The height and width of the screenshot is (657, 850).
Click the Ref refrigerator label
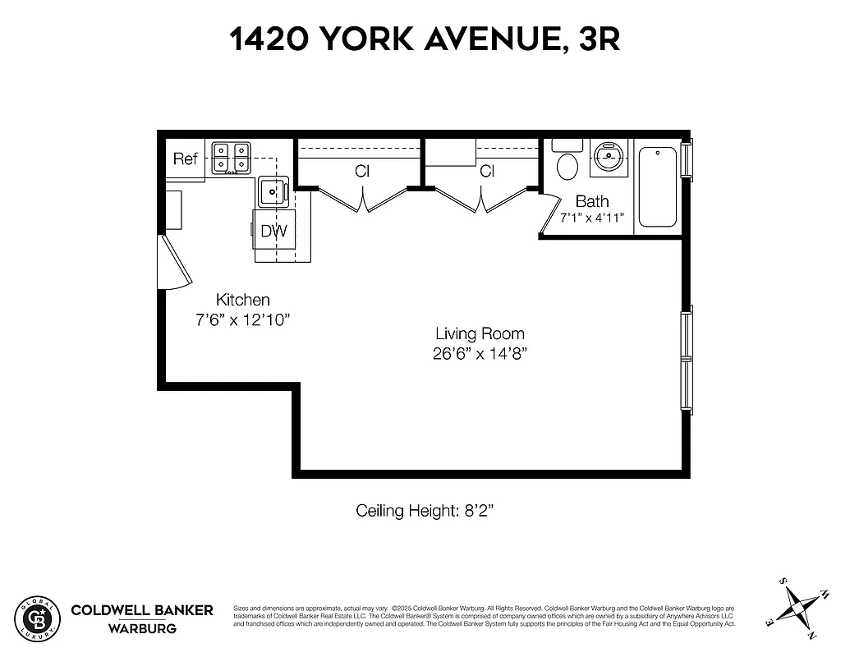185,159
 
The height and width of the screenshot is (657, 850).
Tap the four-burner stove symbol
231,159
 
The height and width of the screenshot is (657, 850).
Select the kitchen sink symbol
272,191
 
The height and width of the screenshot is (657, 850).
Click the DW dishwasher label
273,232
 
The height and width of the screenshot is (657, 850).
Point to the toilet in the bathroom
567,164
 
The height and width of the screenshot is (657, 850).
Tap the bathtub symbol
657,186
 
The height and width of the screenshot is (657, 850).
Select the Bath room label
591,201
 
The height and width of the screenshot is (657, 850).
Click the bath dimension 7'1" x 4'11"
591,218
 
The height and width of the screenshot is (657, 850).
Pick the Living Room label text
480,333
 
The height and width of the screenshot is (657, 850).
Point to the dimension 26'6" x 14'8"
480,353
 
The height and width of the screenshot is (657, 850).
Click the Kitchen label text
242,300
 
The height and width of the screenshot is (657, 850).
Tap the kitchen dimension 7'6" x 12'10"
242,319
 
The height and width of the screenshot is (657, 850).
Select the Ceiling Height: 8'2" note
424,511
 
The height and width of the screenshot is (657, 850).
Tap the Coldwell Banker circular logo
38,617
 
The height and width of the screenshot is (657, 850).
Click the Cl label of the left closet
361,172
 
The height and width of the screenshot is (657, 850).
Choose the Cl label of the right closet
487,172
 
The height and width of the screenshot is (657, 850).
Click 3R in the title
600,39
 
